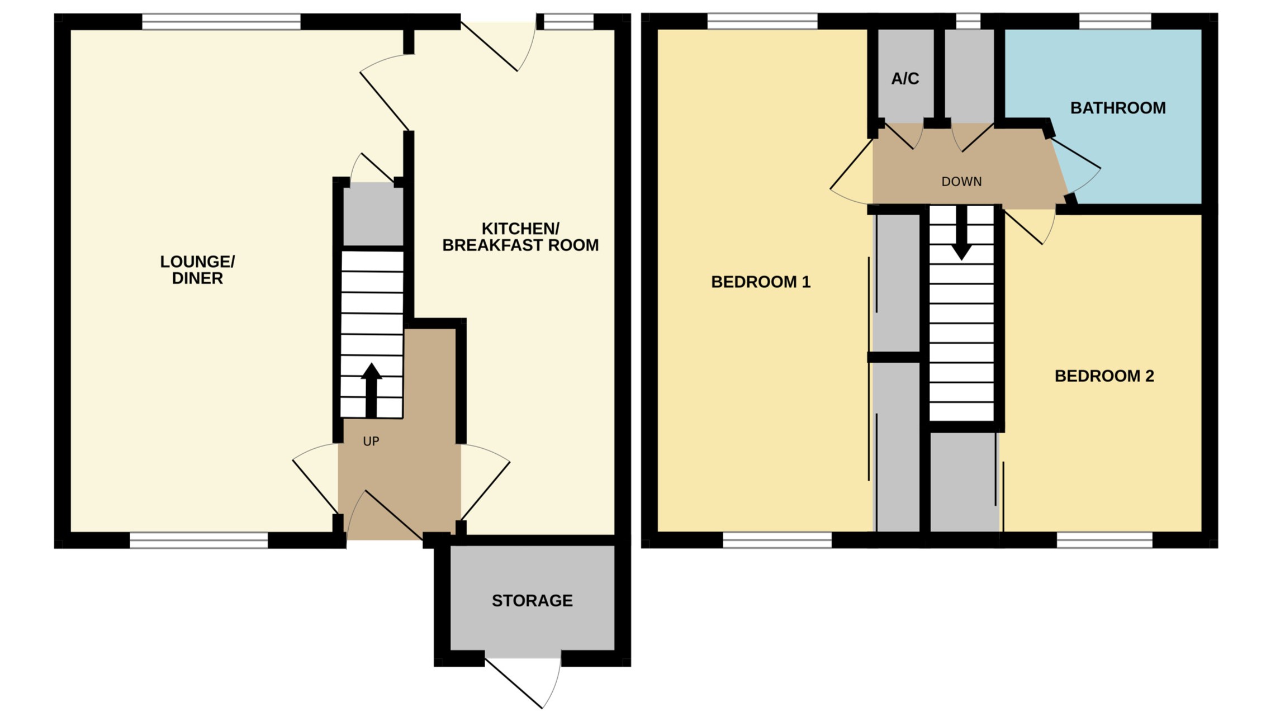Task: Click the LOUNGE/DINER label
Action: [x=197, y=270]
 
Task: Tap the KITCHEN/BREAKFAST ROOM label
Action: [x=520, y=237]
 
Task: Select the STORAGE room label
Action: [x=532, y=601]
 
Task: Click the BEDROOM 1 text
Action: [x=760, y=282]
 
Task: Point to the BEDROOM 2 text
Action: [x=1104, y=376]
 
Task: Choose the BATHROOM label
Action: [x=1118, y=108]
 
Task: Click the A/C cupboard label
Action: [x=905, y=79]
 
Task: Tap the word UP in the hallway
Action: [x=371, y=442]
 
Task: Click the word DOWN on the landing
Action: [x=961, y=182]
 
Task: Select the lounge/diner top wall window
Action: [x=221, y=22]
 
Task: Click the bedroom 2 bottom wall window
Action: [x=1104, y=540]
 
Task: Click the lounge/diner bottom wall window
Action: [x=199, y=540]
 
